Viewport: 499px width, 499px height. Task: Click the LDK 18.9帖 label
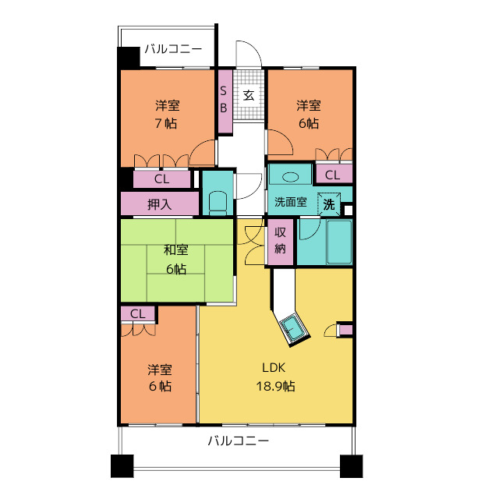(275, 377)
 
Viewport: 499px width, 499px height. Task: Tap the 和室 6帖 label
(176, 260)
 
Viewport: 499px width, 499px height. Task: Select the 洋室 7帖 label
(167, 114)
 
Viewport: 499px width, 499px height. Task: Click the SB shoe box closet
(225, 101)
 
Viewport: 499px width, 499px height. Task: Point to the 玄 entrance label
(249, 95)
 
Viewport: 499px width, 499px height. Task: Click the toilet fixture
(218, 203)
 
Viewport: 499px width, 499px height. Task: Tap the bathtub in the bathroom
(339, 242)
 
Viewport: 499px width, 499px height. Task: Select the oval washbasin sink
(291, 177)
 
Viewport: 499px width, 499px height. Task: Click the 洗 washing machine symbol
(329, 204)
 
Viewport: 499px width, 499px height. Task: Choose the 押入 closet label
(159, 203)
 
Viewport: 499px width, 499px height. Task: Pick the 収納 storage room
(280, 242)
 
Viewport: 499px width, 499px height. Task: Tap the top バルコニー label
(173, 49)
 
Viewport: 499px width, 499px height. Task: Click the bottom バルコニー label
(239, 441)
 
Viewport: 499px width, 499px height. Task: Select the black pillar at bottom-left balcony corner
(122, 466)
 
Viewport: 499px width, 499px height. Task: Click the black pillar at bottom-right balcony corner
(352, 466)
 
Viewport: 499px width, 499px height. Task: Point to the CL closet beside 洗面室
(334, 174)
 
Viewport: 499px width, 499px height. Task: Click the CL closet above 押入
(161, 179)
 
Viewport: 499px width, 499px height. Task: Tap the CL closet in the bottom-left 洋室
(138, 314)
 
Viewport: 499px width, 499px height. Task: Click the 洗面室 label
(290, 202)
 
